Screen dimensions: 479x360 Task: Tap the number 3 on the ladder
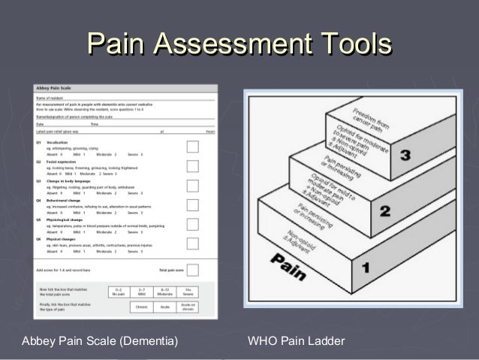(405, 156)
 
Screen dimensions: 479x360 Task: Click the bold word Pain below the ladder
(288, 266)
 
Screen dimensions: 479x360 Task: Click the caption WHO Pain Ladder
(296, 342)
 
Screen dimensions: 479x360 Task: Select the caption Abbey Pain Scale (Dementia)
(100, 342)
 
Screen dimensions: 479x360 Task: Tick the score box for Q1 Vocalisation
(192, 147)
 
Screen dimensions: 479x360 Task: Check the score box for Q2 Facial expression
(192, 167)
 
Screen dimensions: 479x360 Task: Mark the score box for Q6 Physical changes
(192, 244)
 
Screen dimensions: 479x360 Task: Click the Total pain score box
(192, 269)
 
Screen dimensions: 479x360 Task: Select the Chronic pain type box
(142, 307)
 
